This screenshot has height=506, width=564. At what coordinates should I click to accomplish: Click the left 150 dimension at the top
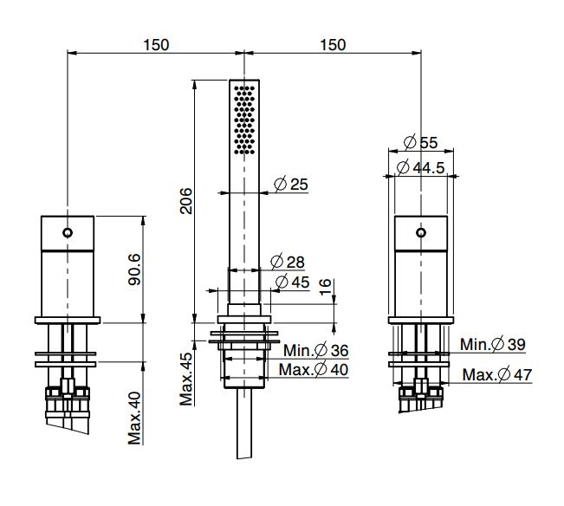(x=156, y=45)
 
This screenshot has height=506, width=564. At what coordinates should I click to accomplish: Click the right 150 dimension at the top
(x=333, y=45)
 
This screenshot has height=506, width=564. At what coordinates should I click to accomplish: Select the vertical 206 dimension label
(x=186, y=201)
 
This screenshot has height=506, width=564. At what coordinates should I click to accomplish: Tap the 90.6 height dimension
(x=134, y=269)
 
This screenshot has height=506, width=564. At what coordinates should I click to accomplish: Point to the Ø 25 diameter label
(x=291, y=185)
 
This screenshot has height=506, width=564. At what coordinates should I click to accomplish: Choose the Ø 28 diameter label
(x=288, y=262)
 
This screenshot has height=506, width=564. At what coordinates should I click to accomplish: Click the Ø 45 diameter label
(x=292, y=282)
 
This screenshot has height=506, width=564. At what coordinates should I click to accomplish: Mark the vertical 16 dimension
(x=325, y=287)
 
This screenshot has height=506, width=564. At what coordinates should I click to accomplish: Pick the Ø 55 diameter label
(x=420, y=142)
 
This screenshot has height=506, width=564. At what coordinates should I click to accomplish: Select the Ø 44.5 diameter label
(x=420, y=167)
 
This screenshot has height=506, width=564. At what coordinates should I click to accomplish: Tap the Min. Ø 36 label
(x=316, y=350)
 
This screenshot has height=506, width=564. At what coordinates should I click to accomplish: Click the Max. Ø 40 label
(x=314, y=369)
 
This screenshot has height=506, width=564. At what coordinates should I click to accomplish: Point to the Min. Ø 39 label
(x=493, y=345)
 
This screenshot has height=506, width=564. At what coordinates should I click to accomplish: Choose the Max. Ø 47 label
(x=497, y=375)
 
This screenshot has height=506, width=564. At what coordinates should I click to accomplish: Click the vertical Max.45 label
(x=186, y=379)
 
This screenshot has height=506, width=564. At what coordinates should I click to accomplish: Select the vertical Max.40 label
(x=134, y=418)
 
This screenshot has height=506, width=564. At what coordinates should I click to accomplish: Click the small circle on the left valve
(x=68, y=233)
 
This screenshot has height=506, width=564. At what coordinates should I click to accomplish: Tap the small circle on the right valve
(x=421, y=233)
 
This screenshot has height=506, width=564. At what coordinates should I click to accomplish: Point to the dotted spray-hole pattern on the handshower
(x=244, y=120)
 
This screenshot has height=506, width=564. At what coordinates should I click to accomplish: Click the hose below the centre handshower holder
(x=244, y=424)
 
